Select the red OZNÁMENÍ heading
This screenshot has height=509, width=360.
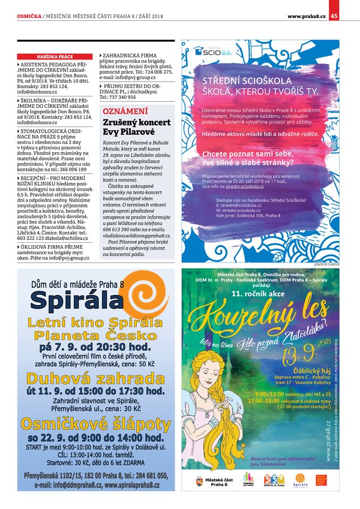tap(125, 112)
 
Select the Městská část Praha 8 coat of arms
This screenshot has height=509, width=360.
tap(199, 480)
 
